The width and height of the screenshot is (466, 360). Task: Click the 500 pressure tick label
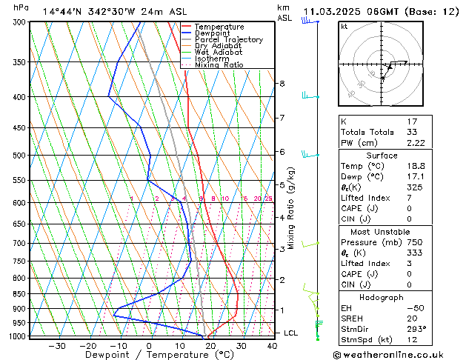(x=19, y=156)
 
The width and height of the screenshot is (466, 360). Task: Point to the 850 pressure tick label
(x=19, y=294)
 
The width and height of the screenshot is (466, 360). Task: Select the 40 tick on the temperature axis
(x=273, y=345)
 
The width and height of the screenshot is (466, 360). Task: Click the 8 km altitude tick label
(x=282, y=84)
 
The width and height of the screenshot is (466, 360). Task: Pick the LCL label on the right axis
(x=290, y=333)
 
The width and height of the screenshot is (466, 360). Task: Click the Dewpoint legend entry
(x=212, y=33)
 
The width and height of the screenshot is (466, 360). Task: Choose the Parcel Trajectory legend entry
(x=228, y=40)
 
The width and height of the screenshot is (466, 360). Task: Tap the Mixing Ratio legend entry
(x=219, y=65)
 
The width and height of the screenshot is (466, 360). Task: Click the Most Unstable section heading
(x=382, y=231)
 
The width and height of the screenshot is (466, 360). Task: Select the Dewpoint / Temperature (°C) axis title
(x=149, y=355)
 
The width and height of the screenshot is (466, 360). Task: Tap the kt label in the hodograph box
(x=344, y=26)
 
